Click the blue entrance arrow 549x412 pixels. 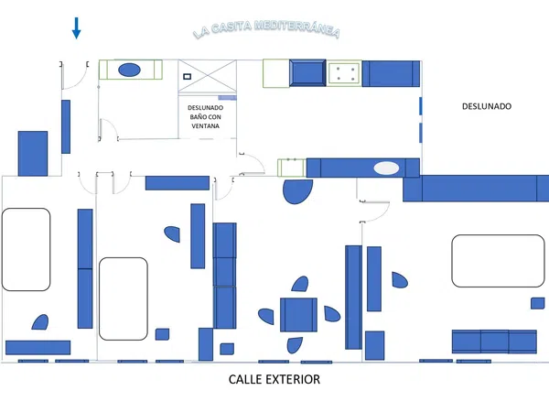[76, 28]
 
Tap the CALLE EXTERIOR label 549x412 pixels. [274, 379]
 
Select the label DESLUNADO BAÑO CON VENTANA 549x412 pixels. [206, 116]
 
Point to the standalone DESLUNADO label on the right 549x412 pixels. [487, 106]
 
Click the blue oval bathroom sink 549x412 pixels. [129, 70]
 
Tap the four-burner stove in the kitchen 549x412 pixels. [345, 73]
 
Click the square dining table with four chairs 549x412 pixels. [298, 315]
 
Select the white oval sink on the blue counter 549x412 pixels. [386, 168]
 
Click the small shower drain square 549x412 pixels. [188, 76]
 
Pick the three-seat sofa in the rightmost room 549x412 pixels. [494, 342]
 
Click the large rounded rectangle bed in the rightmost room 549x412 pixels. [498, 261]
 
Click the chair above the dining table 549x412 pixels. [300, 284]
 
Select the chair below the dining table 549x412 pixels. [295, 345]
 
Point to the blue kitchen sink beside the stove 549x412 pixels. [307, 73]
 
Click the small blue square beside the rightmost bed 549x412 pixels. [537, 303]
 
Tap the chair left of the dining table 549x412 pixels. [266, 317]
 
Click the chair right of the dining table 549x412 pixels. [331, 314]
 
